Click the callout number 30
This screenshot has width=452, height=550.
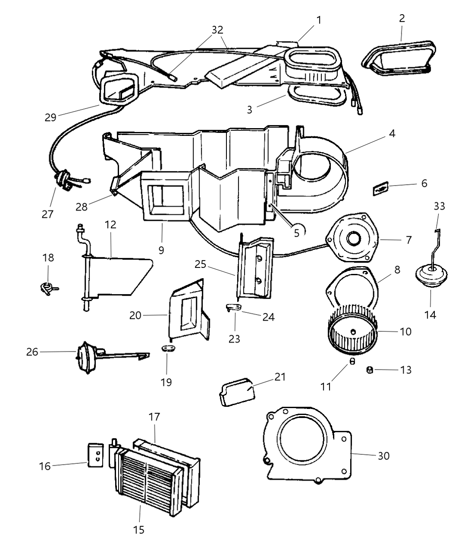(x=383, y=456)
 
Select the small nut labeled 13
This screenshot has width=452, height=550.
(x=369, y=370)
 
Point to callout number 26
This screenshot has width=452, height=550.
(x=32, y=352)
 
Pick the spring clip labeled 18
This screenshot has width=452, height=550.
(x=47, y=287)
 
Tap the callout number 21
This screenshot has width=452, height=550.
(x=280, y=377)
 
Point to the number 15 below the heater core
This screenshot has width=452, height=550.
(x=139, y=530)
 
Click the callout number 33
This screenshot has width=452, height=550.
(x=439, y=206)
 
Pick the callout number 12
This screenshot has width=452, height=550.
(x=110, y=224)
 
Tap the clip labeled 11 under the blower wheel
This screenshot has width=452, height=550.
(x=352, y=361)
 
